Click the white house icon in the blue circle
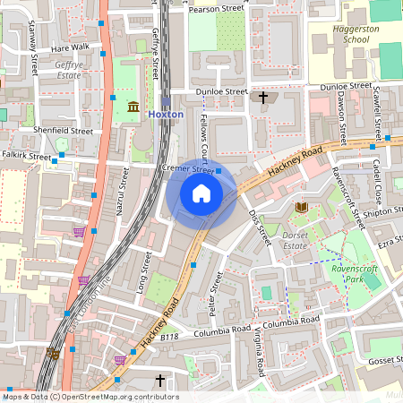(201, 193)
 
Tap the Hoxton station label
(165, 115)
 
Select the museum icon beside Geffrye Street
(133, 107)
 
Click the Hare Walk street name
(71, 47)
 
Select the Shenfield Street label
(63, 131)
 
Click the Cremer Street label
(187, 168)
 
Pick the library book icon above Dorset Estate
(301, 208)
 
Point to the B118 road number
(169, 338)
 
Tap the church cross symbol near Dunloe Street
(263, 97)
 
